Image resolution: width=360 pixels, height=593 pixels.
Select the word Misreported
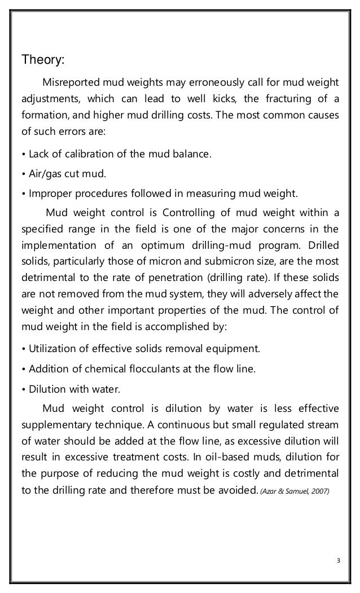(x=69, y=84)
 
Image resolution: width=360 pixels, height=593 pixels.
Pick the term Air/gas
(x=45, y=173)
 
